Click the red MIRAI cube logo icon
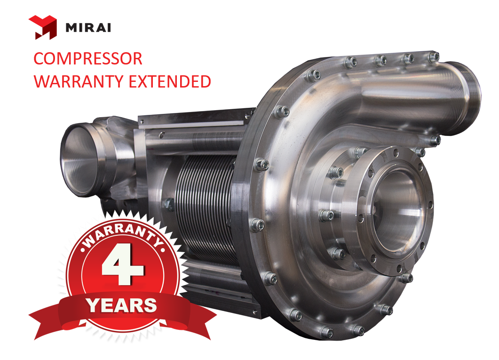[x=43, y=27]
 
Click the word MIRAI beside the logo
[x=88, y=28]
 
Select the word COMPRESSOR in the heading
[x=88, y=59]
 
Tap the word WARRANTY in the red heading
[x=78, y=81]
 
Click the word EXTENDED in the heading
[x=170, y=81]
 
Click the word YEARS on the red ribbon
[x=122, y=305]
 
